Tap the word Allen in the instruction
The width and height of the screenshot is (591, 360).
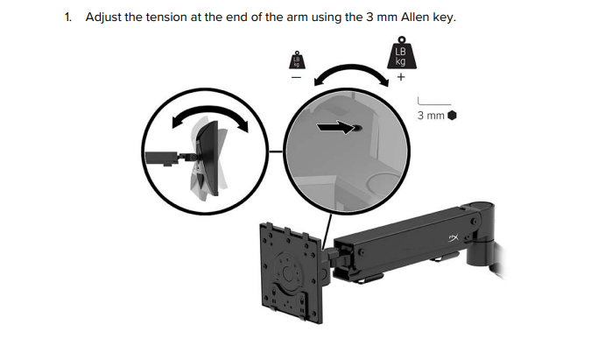tap(415, 17)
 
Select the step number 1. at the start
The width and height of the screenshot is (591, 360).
tap(68, 18)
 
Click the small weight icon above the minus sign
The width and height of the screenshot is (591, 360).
tap(297, 60)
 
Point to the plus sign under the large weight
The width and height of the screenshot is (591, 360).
tap(401, 77)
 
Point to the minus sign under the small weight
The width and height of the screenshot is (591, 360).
tap(297, 78)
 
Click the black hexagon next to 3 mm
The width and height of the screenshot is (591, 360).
tap(452, 116)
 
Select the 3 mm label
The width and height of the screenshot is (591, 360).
tap(431, 116)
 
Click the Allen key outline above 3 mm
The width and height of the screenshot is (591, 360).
tap(433, 101)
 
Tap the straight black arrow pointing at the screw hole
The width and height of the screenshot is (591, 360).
tap(335, 127)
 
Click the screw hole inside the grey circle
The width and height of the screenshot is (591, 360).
tap(358, 128)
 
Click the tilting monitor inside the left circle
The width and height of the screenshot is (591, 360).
tap(208, 159)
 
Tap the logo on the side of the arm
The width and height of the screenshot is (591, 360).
tap(454, 238)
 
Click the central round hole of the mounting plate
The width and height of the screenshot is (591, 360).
tap(288, 273)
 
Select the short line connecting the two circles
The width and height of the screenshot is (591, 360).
tap(277, 152)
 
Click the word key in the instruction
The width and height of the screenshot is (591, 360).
tap(445, 18)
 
